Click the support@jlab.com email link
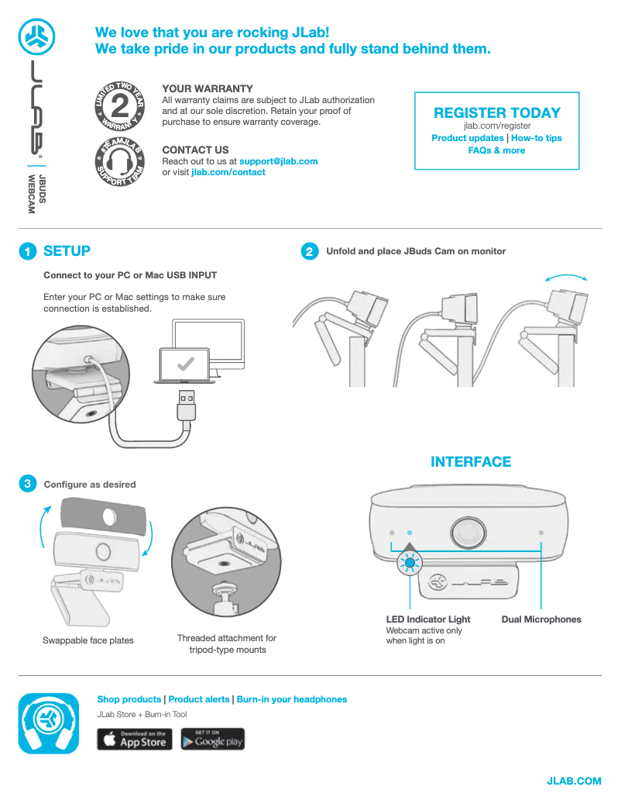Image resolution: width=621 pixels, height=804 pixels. [279, 161]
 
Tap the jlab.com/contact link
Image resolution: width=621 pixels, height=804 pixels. [228, 172]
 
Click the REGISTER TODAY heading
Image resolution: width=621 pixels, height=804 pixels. [497, 112]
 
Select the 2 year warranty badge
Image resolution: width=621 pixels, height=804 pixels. [120, 105]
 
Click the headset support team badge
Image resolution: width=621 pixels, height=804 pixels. [120, 162]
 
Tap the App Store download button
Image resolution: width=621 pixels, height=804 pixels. [135, 739]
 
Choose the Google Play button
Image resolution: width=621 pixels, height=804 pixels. [212, 739]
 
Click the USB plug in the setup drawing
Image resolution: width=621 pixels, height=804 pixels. [187, 405]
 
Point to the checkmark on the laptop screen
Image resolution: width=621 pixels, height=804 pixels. [185, 364]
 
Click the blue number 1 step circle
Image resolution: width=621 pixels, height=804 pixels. [28, 251]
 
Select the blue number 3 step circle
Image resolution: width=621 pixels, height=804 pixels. [28, 484]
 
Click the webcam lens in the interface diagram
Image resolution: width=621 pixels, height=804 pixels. [468, 532]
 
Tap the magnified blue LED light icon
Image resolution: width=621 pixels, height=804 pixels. [410, 563]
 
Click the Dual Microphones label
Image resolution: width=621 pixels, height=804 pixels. [541, 619]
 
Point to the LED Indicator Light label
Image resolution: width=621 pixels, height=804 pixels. [428, 619]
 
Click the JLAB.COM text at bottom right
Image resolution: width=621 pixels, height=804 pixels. [574, 781]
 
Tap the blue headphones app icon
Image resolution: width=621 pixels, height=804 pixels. [49, 723]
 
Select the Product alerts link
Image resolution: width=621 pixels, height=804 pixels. [199, 699]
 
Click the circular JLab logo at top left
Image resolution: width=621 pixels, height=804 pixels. [37, 37]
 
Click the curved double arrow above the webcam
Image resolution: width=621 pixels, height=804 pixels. [566, 275]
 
